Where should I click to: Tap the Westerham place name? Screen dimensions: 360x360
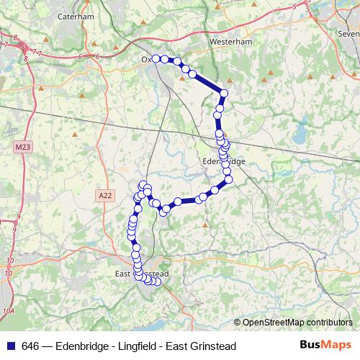pos(228,42)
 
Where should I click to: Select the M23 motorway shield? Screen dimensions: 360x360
pos(22,147)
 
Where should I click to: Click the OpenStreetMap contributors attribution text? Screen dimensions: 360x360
pos(297,323)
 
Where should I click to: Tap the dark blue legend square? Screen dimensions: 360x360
pos(10,346)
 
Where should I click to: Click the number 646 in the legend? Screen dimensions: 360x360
pos(31,346)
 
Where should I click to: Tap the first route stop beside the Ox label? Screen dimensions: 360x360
pos(156,58)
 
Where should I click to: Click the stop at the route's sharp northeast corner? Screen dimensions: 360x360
pos(224,93)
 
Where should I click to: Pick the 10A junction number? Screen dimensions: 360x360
pos(9,311)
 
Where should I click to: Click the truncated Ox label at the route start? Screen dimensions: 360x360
pos(146,59)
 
